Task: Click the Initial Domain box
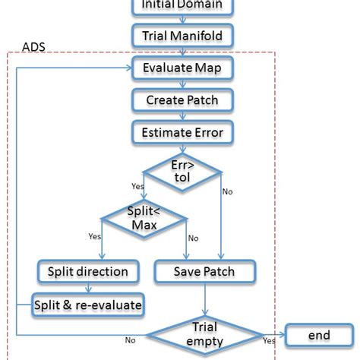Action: coord(182,6)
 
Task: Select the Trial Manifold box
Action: coord(182,36)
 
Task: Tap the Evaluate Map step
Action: coord(182,68)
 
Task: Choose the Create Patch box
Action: coord(182,100)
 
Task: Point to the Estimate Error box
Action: coord(182,133)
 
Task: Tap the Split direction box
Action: coord(83,271)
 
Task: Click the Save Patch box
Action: coord(204,271)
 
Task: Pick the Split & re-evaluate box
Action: coord(88,305)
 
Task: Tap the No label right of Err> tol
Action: coord(227,191)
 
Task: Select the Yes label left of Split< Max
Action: coord(95,236)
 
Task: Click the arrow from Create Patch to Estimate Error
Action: coord(182,116)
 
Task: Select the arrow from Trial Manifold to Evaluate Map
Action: coord(182,52)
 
